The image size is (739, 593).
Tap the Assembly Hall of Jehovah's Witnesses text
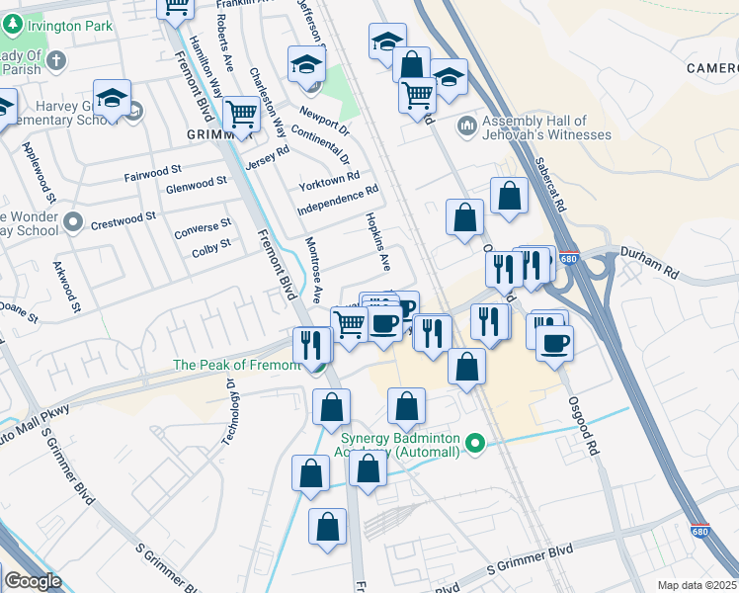tap(545, 127)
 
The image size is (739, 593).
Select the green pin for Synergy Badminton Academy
tap(475, 444)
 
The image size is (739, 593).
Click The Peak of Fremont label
tap(236, 365)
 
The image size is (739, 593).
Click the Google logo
tap(33, 581)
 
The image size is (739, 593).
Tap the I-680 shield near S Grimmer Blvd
tap(699, 532)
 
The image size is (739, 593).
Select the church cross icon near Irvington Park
tap(56, 60)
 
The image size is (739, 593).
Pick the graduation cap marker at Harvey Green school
tap(112, 98)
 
